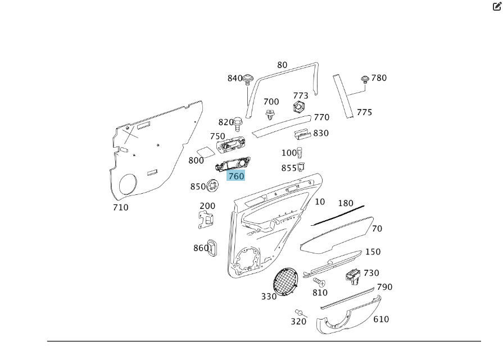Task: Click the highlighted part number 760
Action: (236, 176)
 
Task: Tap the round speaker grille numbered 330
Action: (287, 281)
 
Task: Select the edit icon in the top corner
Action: (497, 7)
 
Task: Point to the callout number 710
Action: (120, 207)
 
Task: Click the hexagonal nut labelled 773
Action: (300, 107)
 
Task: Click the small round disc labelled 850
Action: (213, 185)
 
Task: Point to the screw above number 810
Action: (319, 281)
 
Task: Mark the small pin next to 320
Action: (299, 312)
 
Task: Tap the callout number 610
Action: (381, 320)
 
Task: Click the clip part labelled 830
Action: (302, 134)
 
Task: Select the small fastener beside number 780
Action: (365, 79)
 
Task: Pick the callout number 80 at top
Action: (282, 65)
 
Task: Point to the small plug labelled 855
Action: (301, 166)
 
